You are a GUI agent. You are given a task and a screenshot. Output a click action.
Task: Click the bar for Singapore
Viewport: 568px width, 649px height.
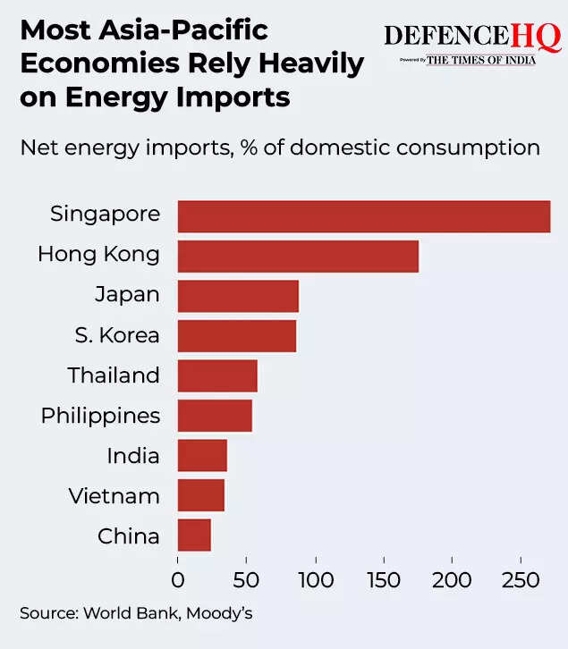[364, 216]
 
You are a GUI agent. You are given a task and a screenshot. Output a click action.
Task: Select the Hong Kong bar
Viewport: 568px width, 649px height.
[298, 256]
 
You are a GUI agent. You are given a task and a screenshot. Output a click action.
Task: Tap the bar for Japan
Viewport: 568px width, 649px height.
[238, 296]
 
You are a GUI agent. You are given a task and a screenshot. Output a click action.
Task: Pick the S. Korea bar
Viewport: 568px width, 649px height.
[237, 336]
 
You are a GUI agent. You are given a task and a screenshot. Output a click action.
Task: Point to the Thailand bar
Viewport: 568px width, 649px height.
[217, 375]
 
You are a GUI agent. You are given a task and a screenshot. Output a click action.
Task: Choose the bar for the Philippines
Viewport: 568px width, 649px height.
[215, 416]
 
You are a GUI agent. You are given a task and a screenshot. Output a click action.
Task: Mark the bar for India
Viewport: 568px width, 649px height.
[202, 455]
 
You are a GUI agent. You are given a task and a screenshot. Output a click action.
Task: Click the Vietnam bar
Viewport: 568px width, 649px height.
[201, 495]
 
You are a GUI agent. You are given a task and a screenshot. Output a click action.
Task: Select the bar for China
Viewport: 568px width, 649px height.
[194, 535]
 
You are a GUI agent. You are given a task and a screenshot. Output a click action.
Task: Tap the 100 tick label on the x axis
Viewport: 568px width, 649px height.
[315, 580]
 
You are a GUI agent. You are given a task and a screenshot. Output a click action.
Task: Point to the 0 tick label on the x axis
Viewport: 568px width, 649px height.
[178, 580]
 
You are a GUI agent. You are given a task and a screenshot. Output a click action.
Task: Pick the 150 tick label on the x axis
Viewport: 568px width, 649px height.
[384, 580]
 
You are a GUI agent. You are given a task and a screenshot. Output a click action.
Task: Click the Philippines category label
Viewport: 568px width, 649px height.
[100, 417]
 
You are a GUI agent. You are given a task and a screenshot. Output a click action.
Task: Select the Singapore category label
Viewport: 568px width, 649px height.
[105, 215]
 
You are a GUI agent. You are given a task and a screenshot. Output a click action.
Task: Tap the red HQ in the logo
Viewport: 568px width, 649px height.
[536, 37]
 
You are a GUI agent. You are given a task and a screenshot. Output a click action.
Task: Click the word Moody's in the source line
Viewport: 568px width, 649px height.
[231, 614]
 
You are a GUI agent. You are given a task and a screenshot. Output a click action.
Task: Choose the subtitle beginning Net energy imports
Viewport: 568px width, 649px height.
[280, 147]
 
